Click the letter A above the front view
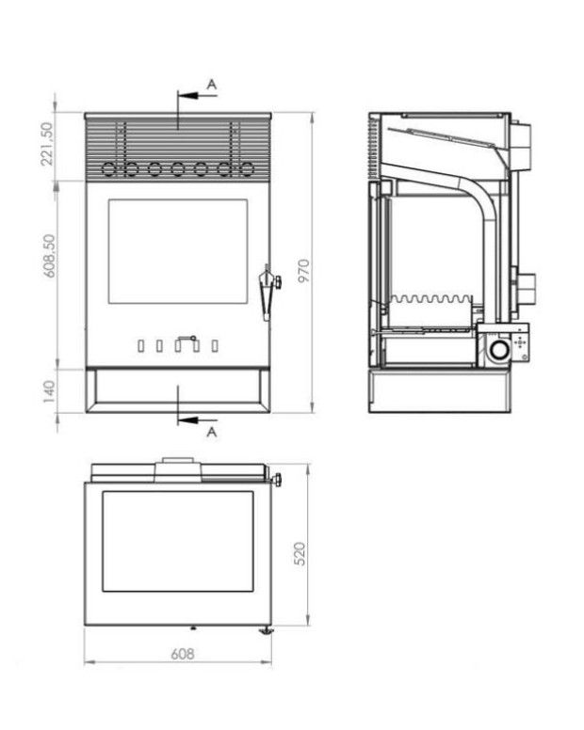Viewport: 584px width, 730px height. coord(212,86)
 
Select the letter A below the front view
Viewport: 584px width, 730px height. coord(212,432)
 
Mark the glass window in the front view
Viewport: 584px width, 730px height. coord(178,251)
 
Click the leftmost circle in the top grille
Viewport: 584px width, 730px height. coord(108,169)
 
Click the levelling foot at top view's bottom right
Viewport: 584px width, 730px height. coord(267,628)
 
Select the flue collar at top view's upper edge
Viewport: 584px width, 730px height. coord(178,461)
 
